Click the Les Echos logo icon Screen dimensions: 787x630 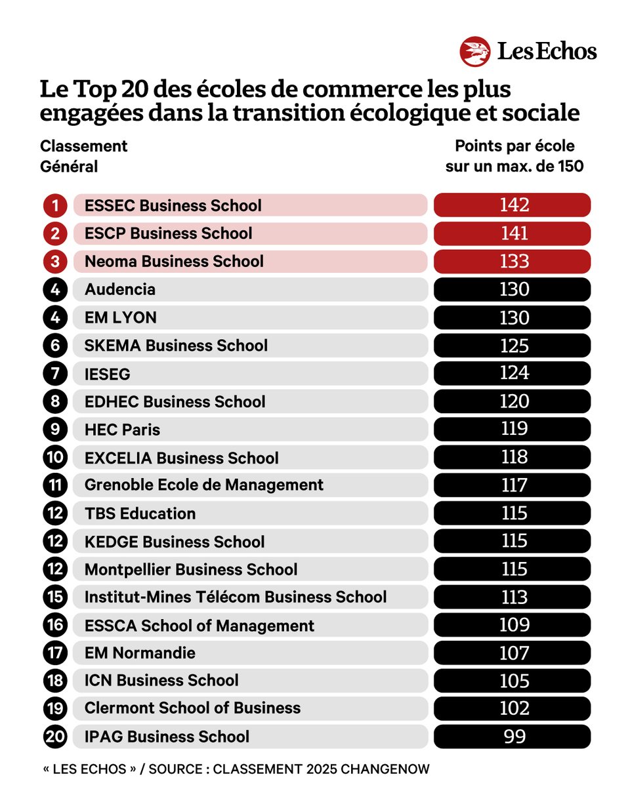point(475,52)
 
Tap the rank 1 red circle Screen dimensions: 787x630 point(55,206)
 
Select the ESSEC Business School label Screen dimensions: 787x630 point(173,206)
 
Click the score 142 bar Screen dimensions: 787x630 point(513,205)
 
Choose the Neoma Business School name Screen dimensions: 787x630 point(174,262)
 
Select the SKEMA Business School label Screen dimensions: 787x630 point(176,346)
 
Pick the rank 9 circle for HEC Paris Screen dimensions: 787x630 point(55,430)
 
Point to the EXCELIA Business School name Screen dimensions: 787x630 point(182,458)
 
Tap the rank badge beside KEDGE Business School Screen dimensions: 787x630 point(55,542)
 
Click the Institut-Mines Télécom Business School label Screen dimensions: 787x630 point(236,597)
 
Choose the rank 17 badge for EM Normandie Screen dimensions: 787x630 point(55,653)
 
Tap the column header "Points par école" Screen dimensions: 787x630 point(514,146)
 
